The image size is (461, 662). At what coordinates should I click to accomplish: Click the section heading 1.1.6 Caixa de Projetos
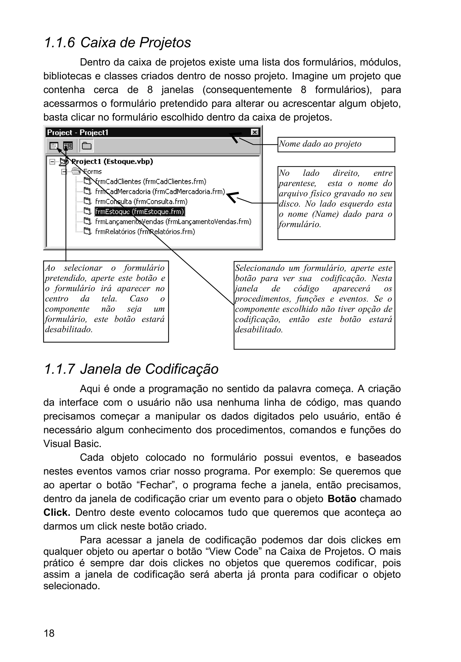tap(117, 43)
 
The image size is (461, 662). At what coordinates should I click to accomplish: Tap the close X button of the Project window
tap(255, 132)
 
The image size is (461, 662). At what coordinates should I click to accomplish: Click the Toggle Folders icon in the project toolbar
tap(86, 146)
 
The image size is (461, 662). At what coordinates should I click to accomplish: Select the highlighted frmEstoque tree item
tap(140, 212)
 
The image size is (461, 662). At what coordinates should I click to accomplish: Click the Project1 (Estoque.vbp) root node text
tap(112, 161)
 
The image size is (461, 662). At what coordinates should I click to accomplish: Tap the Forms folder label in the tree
tap(93, 172)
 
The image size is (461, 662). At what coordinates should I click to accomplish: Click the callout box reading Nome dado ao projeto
tap(336, 144)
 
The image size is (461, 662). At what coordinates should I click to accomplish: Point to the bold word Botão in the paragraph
tap(342, 499)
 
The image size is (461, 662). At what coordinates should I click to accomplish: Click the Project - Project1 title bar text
tap(78, 133)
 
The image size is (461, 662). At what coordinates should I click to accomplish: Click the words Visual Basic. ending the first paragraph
tap(72, 444)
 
